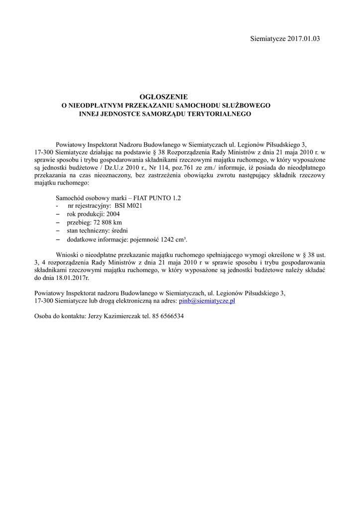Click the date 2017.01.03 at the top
pos(304,38)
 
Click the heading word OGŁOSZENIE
pos(165,96)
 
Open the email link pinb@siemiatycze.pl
pos(206,301)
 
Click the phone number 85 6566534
pos(168,316)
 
